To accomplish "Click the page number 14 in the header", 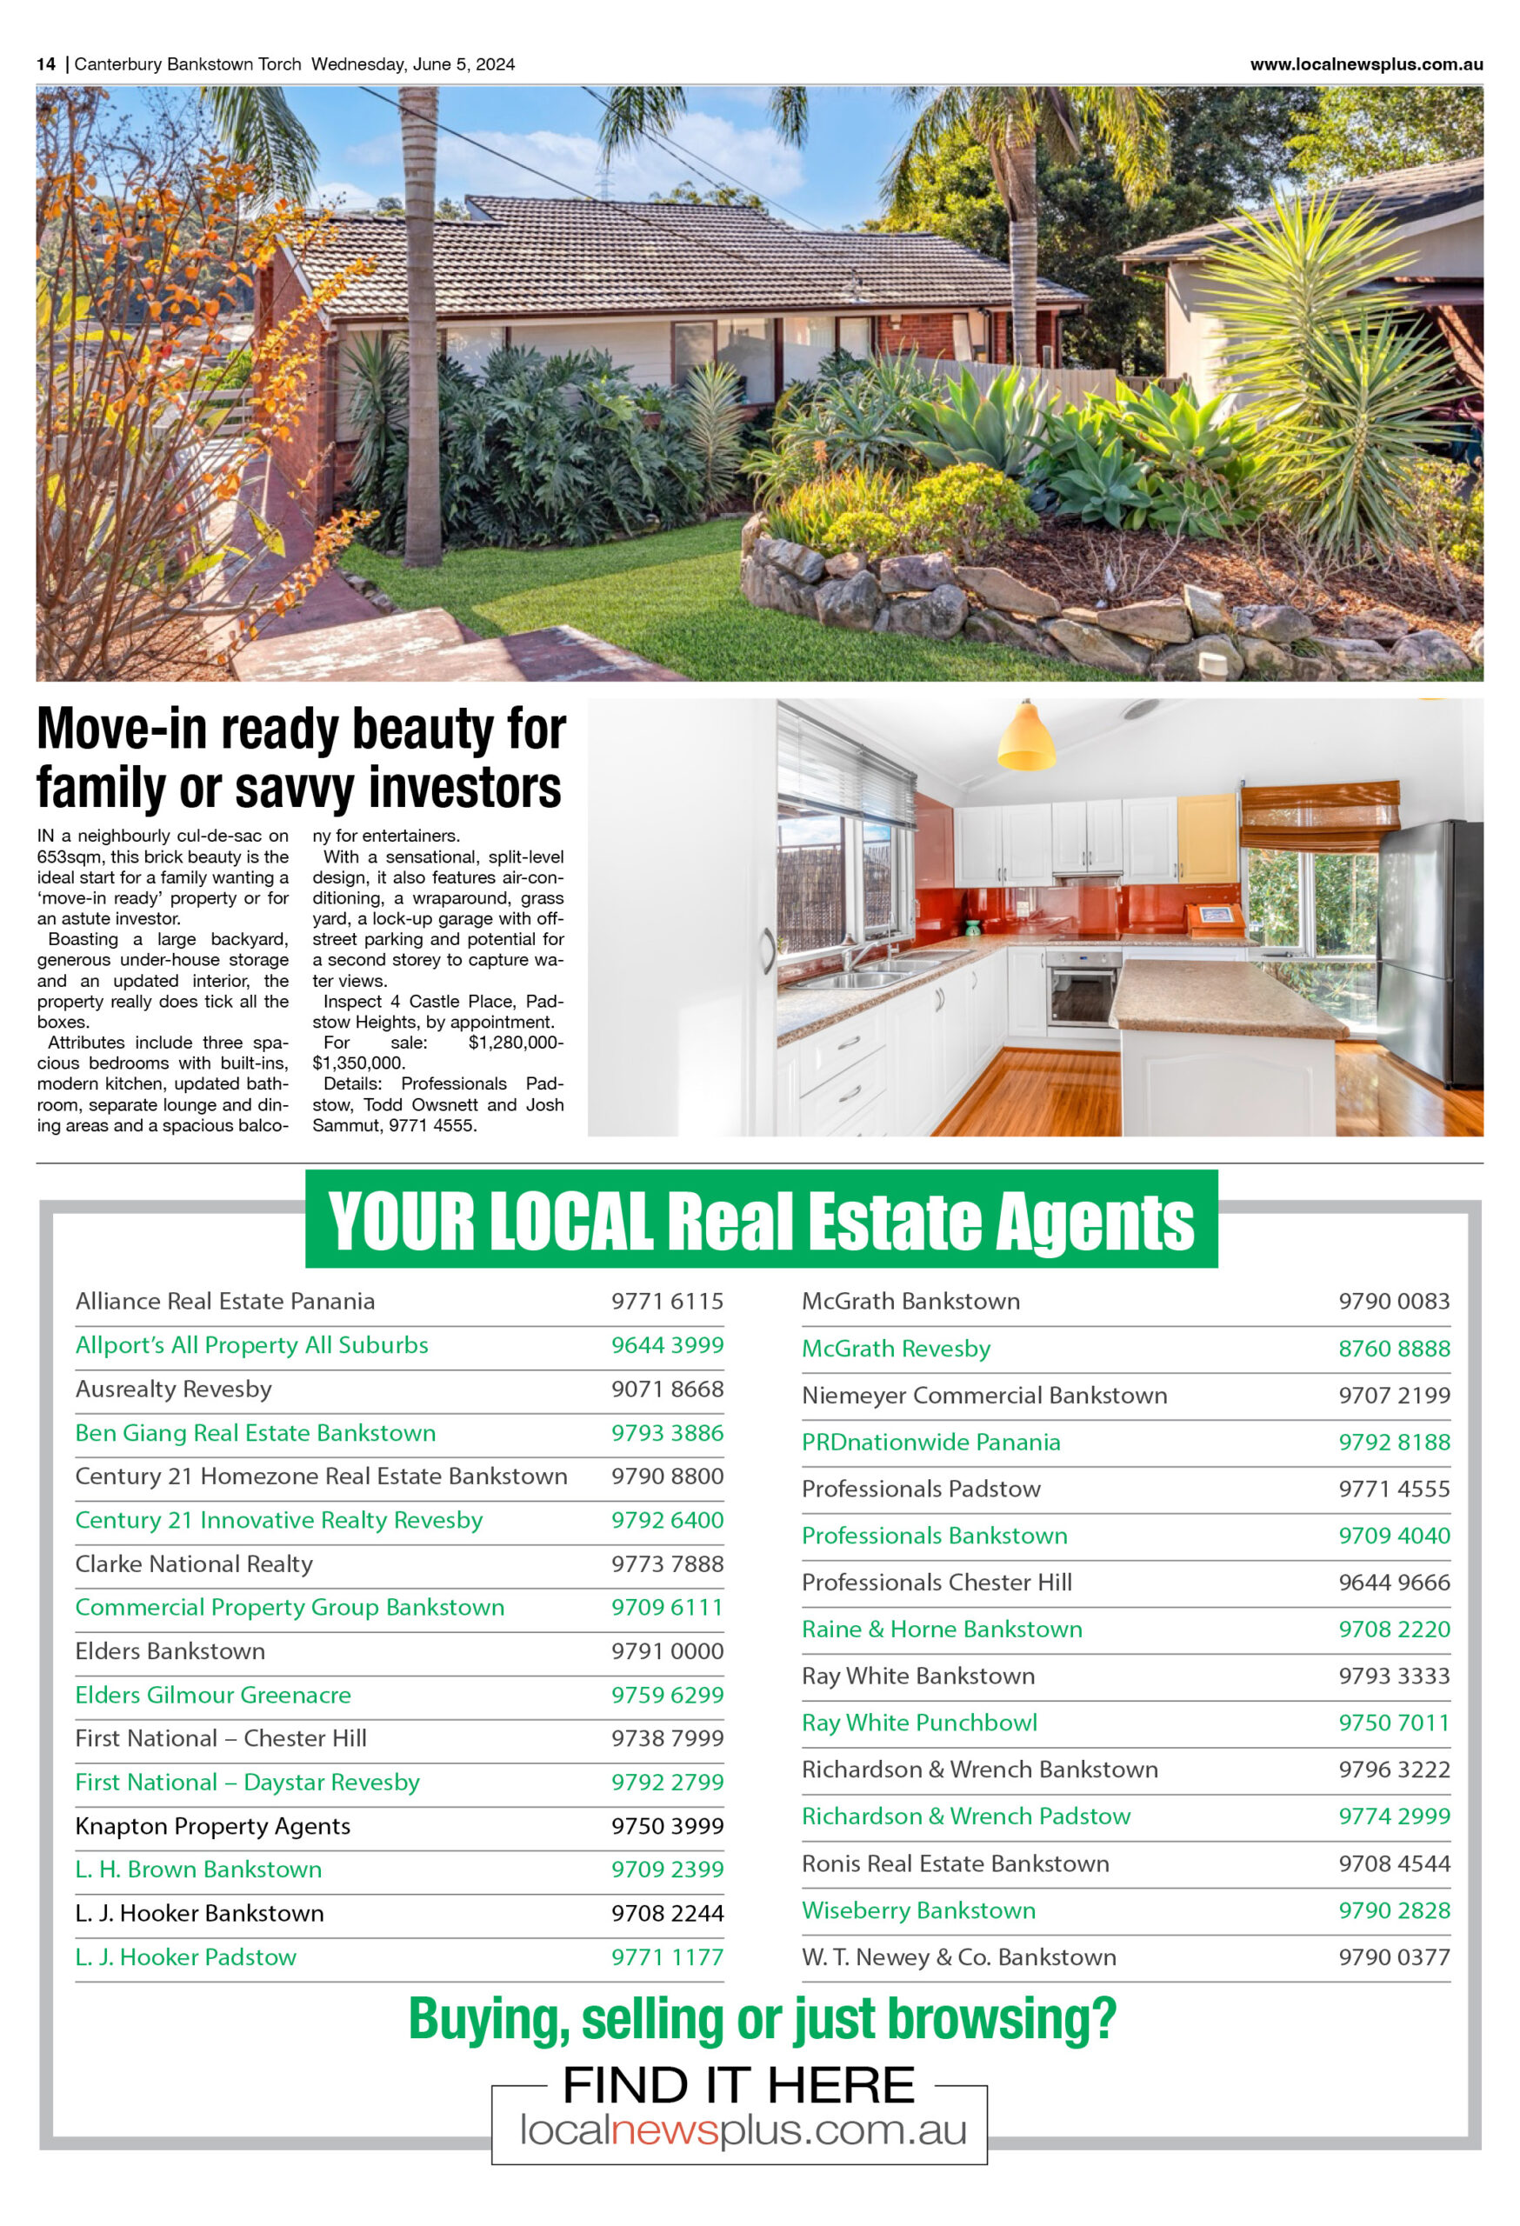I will pos(46,64).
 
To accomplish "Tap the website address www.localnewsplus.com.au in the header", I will pos(1366,64).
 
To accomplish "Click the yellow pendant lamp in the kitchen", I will pos(1026,736).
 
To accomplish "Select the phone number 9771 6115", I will pos(668,1301).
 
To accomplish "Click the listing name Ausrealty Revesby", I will pos(173,1389).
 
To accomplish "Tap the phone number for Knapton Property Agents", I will pos(668,1826).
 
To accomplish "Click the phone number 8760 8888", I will pos(1394,1349).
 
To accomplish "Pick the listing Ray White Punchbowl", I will pos(919,1723).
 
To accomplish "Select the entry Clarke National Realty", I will pos(195,1564).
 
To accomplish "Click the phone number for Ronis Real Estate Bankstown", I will pos(1394,1863).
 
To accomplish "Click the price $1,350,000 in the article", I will pos(358,1063).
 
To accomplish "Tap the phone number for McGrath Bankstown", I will pos(1394,1301).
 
